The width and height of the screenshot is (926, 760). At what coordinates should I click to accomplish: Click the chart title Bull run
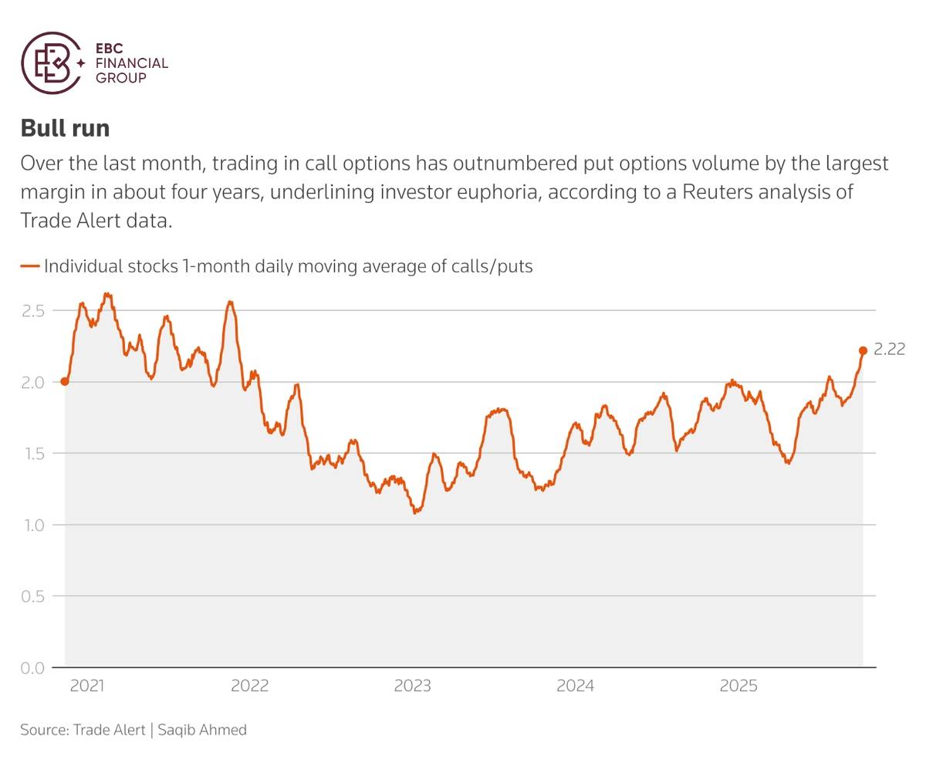(x=65, y=128)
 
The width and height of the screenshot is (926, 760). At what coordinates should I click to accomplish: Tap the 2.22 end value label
(x=889, y=350)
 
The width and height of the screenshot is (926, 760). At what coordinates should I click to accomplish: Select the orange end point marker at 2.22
(x=863, y=350)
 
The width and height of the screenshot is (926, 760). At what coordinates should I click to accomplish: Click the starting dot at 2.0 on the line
(x=65, y=381)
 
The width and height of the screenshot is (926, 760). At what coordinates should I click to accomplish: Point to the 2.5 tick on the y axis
(x=33, y=311)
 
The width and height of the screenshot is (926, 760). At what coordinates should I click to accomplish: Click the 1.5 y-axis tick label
(x=33, y=454)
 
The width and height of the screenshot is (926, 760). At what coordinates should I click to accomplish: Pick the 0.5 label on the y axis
(x=33, y=596)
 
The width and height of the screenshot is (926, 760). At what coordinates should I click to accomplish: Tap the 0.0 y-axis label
(x=33, y=667)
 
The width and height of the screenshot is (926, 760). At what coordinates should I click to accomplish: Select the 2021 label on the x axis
(x=86, y=686)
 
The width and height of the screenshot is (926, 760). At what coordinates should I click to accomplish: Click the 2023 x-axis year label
(x=412, y=686)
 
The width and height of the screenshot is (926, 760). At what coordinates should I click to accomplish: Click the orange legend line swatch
(x=30, y=266)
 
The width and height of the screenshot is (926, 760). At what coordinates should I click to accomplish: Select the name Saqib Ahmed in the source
(x=202, y=729)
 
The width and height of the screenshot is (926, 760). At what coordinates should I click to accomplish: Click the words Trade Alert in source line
(x=109, y=729)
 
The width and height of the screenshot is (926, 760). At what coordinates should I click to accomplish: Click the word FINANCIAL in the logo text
(x=131, y=64)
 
